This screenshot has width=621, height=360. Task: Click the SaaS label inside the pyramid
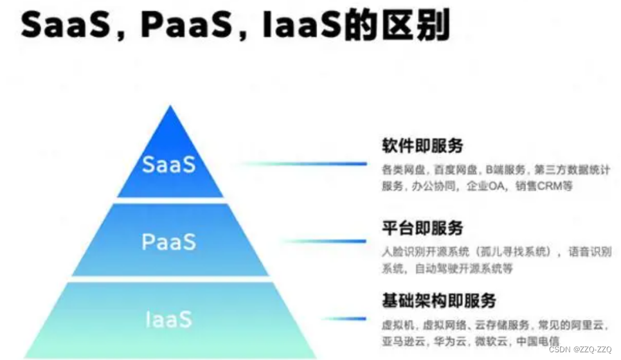[x=169, y=165]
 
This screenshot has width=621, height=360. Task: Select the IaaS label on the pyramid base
[x=169, y=319]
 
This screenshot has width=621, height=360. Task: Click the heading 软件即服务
[x=422, y=146]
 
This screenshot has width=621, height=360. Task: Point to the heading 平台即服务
[x=422, y=228]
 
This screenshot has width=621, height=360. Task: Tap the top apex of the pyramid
[x=170, y=108]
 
